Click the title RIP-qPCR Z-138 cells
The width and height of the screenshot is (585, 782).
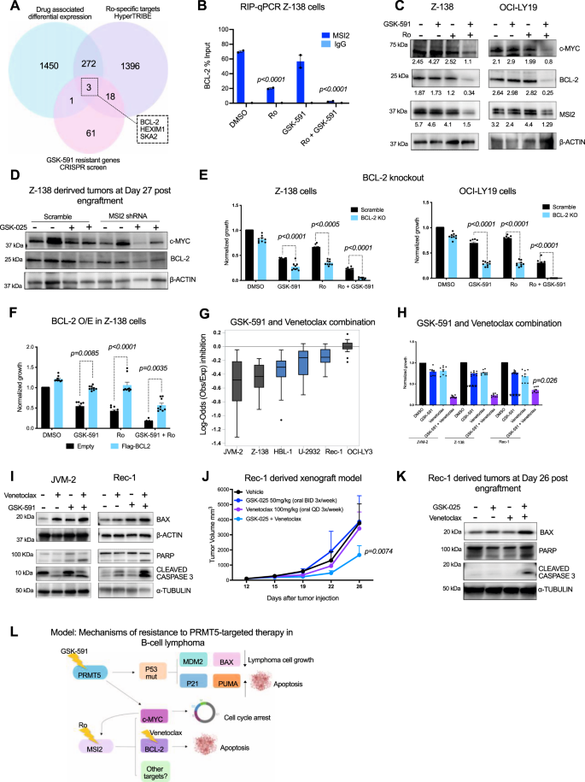point(276,12)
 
